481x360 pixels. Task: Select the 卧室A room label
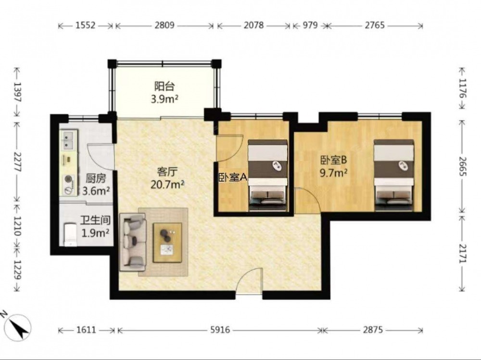[x=233, y=177]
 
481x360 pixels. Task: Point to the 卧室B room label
[x=333, y=160]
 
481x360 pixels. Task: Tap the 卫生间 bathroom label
[x=95, y=220]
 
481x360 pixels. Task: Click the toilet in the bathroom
[x=70, y=235]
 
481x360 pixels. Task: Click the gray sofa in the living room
[x=133, y=243]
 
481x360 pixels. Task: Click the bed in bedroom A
[x=268, y=175]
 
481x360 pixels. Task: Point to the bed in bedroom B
[x=394, y=175]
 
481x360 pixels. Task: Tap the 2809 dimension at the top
[x=165, y=25]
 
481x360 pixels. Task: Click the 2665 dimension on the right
[x=462, y=166]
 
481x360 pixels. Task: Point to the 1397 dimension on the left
[x=17, y=92]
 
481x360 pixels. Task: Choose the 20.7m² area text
[x=167, y=185]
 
